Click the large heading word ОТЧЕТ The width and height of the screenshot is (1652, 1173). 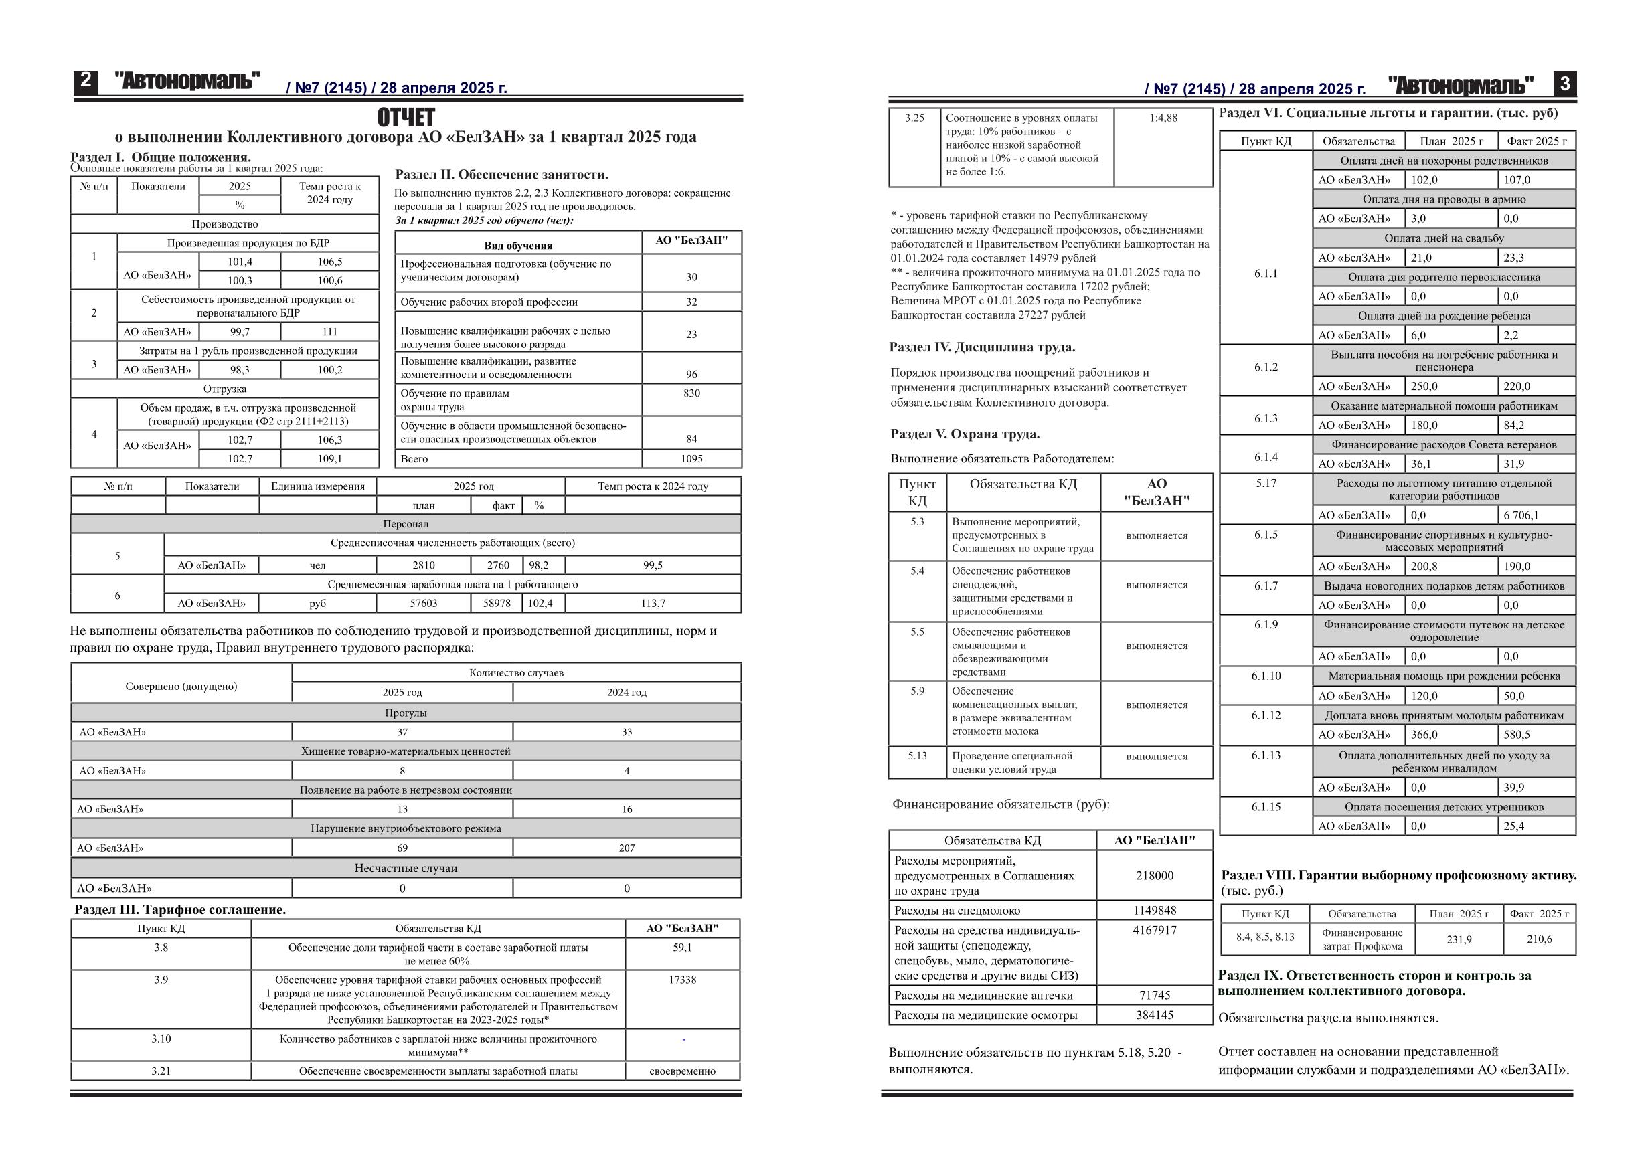(406, 117)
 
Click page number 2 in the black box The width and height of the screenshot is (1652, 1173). (85, 81)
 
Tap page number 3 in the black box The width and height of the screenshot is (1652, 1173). (1564, 84)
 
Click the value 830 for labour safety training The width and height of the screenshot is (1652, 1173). (691, 393)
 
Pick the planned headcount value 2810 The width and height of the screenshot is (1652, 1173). (423, 565)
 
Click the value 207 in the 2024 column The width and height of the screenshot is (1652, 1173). (627, 848)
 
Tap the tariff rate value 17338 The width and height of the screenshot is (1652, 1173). (682, 980)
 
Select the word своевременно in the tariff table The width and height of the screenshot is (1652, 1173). (682, 1071)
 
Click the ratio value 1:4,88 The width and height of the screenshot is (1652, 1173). (1163, 118)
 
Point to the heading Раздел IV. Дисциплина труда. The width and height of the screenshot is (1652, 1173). (982, 347)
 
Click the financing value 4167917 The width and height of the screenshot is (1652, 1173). (1154, 930)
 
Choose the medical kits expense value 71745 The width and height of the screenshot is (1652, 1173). (1154, 995)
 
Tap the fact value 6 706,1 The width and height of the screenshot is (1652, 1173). (1521, 515)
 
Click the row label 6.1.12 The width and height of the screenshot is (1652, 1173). (1266, 715)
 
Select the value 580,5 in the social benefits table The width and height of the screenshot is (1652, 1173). (1517, 735)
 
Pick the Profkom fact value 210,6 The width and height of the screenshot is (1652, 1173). (1539, 939)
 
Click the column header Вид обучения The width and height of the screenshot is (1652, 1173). (518, 246)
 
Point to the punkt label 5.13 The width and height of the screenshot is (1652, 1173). (916, 755)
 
